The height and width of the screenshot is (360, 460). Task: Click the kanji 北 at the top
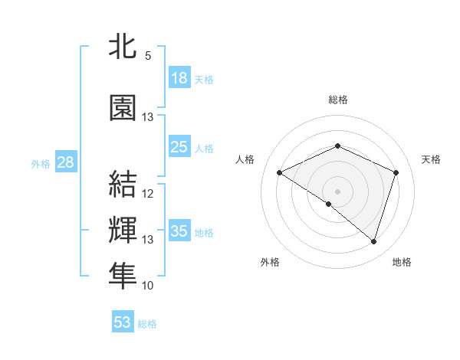point(123,47)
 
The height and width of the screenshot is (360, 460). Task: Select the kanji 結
point(123,184)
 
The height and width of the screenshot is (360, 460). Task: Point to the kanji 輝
point(123,231)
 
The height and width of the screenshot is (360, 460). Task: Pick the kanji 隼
point(123,277)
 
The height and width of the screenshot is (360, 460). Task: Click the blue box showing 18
point(179,78)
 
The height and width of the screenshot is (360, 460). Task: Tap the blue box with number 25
point(179,147)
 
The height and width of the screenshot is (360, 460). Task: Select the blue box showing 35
point(179,231)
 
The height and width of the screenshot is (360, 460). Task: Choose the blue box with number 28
point(65,162)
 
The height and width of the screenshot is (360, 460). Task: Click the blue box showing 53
point(123,322)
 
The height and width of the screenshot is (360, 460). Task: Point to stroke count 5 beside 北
point(148,55)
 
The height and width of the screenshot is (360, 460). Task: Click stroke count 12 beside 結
point(148,194)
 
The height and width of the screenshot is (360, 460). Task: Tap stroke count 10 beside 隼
point(148,286)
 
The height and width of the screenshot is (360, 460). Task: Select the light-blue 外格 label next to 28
point(40,163)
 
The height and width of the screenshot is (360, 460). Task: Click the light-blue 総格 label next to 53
point(147,324)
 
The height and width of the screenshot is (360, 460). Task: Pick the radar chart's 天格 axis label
point(431,159)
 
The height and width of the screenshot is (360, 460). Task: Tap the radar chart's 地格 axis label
point(402,262)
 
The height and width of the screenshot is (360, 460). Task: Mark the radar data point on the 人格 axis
point(280,173)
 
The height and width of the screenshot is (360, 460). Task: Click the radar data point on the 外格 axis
point(329,204)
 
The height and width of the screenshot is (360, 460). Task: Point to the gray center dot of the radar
point(337,191)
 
